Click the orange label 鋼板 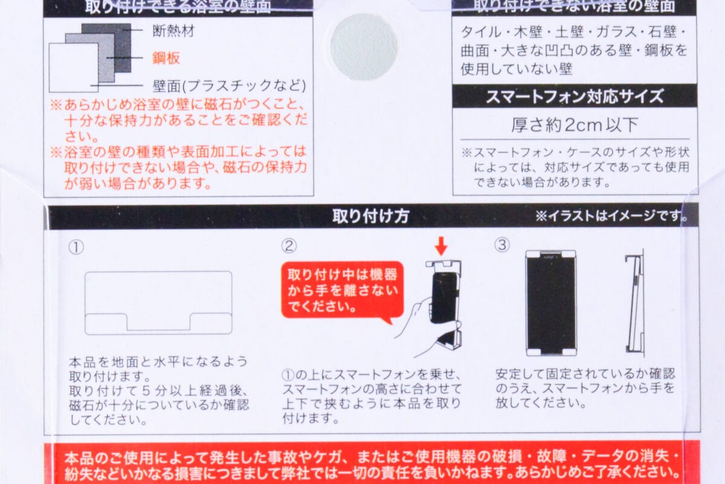(166, 58)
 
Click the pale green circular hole (364, 47)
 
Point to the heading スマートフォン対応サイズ (574, 96)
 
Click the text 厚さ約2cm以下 (574, 125)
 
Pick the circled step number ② (290, 245)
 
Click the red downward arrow (442, 245)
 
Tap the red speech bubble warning (341, 289)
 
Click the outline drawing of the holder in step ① (158, 302)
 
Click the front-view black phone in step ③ (550, 302)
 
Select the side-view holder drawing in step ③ (635, 302)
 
